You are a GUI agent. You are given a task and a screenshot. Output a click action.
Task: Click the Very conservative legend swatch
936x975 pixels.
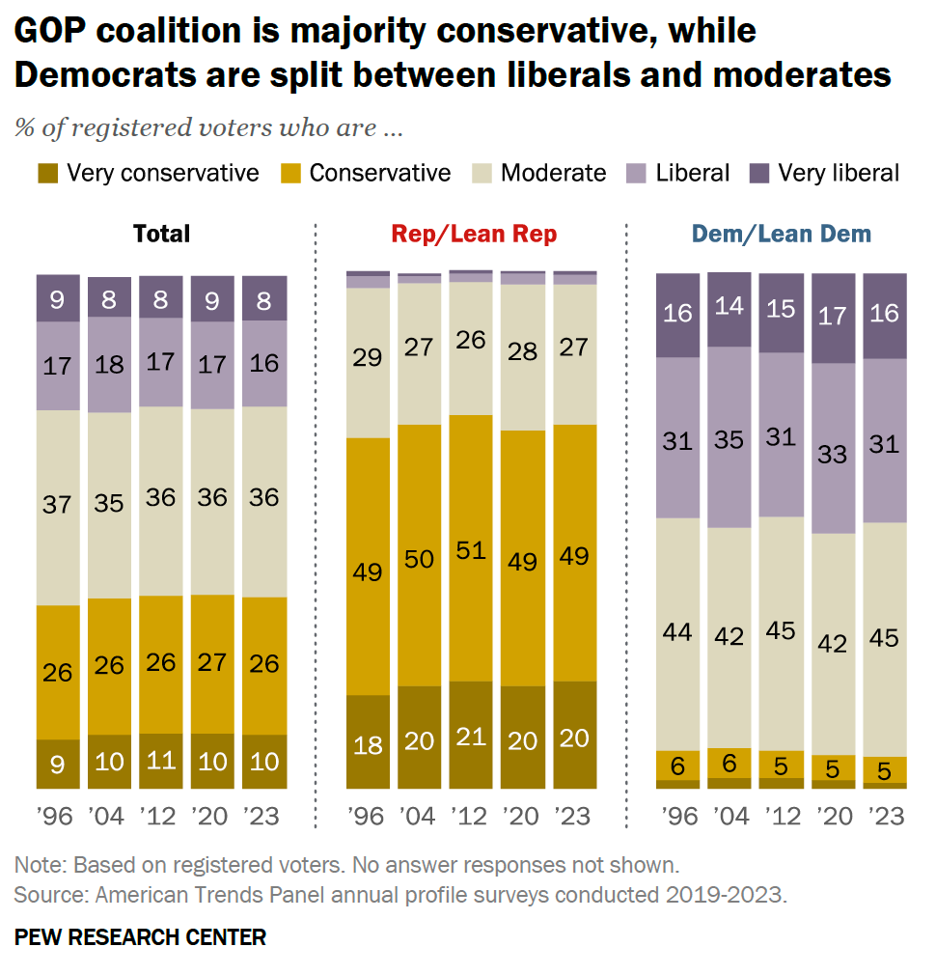47,174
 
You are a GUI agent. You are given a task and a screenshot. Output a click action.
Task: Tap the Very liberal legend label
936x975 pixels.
839,173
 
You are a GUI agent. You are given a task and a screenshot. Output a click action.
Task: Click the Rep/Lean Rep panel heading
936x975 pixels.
474,234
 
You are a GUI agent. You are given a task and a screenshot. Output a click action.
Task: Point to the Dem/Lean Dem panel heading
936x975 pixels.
782,234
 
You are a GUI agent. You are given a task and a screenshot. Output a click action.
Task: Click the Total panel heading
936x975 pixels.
161,234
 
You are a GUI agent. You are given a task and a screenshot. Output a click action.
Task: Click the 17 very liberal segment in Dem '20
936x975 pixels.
833,318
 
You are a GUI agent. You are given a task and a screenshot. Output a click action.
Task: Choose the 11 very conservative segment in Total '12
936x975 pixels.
161,761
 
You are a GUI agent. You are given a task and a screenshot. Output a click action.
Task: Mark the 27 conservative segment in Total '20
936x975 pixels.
211,663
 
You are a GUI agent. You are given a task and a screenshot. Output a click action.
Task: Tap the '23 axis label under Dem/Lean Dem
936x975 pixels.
884,817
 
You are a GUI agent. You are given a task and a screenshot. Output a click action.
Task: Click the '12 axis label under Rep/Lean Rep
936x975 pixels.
470,817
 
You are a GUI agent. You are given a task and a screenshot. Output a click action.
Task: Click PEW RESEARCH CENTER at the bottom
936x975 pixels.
140,936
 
